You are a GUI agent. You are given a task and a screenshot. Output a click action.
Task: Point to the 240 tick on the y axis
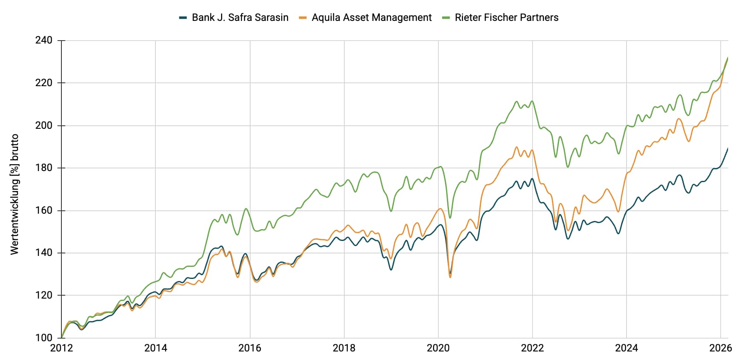point(44,41)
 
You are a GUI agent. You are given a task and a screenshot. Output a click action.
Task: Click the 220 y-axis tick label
point(44,83)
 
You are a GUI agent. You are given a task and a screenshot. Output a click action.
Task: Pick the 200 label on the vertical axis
point(44,125)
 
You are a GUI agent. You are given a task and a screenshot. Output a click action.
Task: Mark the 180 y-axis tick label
point(44,168)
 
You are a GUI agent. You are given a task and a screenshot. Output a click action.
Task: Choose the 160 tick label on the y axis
point(44,210)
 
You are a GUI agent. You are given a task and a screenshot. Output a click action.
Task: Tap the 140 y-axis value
point(44,253)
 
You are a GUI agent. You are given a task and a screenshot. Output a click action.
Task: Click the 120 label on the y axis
point(44,295)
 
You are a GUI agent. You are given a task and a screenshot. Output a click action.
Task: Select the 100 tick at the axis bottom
point(44,338)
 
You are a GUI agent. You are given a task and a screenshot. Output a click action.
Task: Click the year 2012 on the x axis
point(61,348)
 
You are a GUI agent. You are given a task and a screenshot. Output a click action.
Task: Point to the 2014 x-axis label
point(156,348)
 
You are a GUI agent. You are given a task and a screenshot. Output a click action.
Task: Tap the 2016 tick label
point(250,348)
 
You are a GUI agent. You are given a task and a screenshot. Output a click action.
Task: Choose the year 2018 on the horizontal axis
point(344,348)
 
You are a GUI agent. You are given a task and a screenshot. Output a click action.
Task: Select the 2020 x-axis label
point(438,348)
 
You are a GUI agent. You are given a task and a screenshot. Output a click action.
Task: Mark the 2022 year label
point(533,348)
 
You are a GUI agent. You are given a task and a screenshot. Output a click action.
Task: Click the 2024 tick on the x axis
point(626,348)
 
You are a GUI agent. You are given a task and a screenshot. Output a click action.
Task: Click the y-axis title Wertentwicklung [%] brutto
point(15,194)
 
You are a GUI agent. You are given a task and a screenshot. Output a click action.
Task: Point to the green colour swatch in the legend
point(446,18)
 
